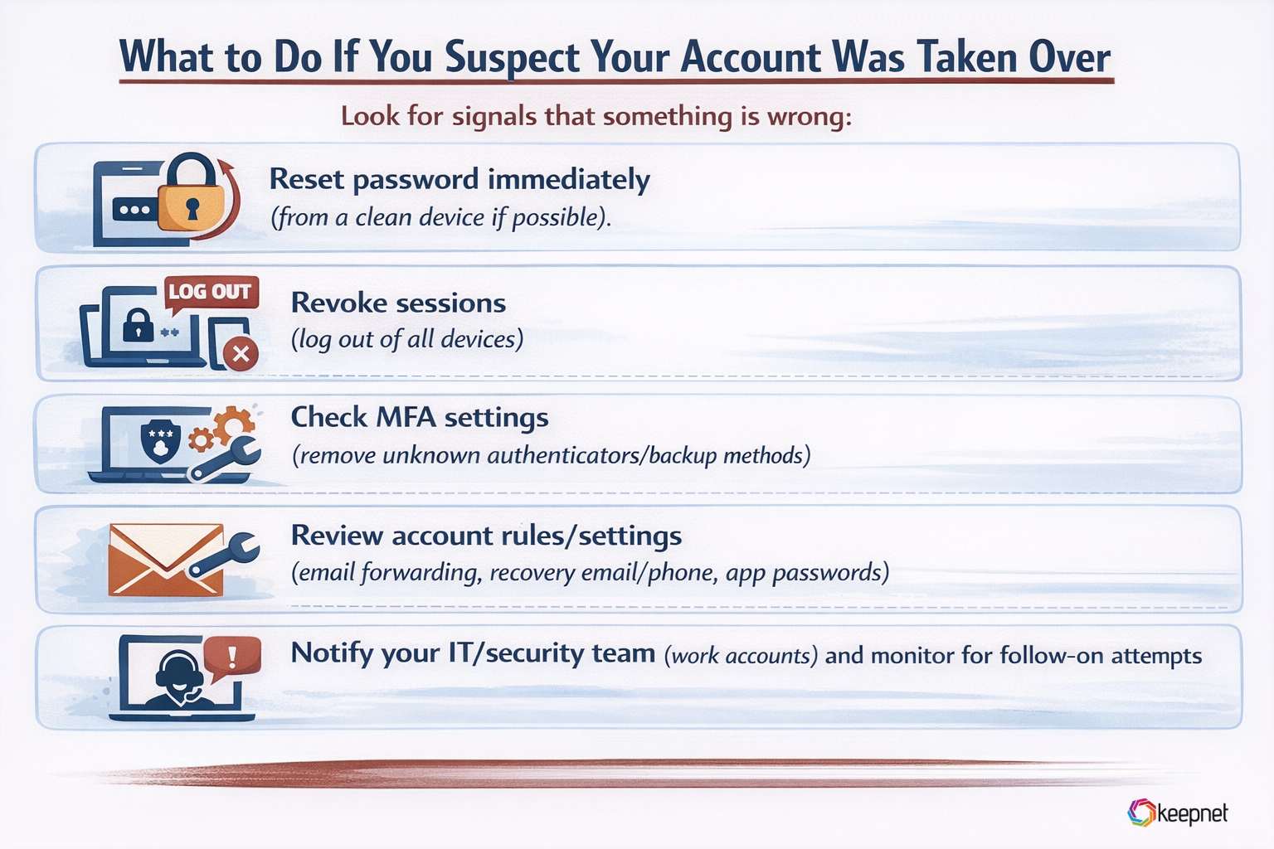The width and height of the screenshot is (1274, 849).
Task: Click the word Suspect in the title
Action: point(513,58)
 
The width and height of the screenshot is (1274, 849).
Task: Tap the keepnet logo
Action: point(1178,813)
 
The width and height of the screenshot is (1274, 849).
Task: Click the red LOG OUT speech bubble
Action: point(211,293)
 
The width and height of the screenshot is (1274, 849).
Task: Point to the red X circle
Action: point(241,355)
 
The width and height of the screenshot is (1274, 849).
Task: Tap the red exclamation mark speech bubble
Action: point(232,657)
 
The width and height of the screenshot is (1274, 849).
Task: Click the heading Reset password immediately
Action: point(460,179)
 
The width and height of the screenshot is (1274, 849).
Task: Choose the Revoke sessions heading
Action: point(398,303)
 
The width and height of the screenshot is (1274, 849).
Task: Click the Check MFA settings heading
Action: point(420,417)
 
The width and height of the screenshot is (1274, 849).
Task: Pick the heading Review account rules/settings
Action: point(486,536)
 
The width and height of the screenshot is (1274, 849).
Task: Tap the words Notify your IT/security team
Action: point(473,653)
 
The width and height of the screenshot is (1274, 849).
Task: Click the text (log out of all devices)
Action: point(407,339)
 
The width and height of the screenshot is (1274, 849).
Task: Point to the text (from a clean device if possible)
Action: point(440,217)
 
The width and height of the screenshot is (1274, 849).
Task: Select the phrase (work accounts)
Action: point(741,656)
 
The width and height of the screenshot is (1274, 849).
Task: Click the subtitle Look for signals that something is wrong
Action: point(596,116)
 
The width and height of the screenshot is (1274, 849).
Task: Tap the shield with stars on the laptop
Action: point(160,440)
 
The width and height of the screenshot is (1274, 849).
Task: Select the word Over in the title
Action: point(1069,58)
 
